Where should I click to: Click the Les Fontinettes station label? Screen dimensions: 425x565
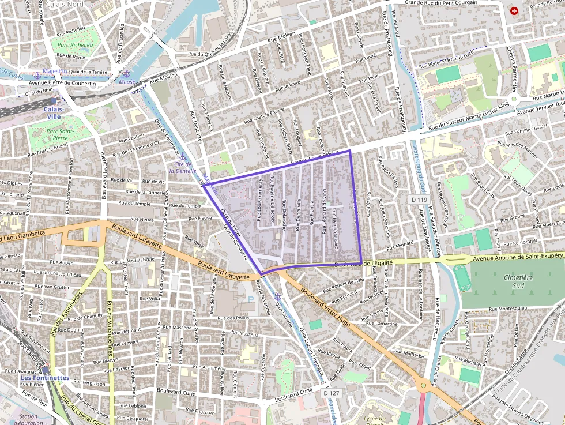pyautogui.click(x=45, y=378)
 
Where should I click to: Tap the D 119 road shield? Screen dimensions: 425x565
pyautogui.click(x=420, y=200)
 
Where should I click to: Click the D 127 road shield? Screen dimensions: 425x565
pyautogui.click(x=330, y=393)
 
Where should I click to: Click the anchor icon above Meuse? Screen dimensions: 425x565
pyautogui.click(x=126, y=73)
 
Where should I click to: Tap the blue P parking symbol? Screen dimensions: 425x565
pyautogui.click(x=250, y=299)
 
